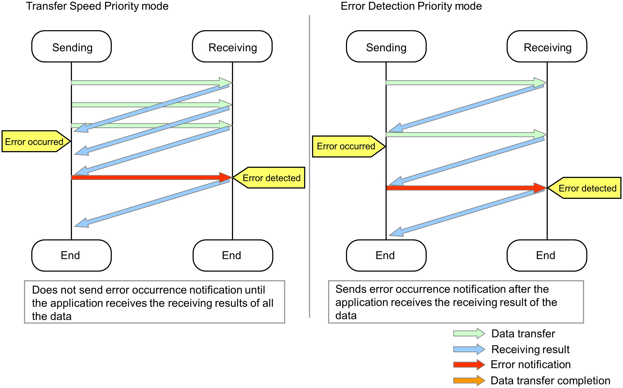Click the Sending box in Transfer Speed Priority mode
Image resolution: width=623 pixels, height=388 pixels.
(x=72, y=47)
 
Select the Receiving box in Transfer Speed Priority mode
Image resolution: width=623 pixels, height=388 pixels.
(x=232, y=47)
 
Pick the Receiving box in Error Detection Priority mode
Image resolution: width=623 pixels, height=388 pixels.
(x=547, y=47)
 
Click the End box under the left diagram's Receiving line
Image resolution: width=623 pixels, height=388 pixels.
(x=233, y=256)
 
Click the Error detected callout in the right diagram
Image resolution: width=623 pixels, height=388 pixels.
(x=586, y=188)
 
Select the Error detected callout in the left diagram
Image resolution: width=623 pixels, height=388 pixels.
(x=271, y=178)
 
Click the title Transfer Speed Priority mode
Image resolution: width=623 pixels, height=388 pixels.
(x=97, y=6)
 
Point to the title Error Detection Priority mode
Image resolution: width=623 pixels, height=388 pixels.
(x=411, y=6)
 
